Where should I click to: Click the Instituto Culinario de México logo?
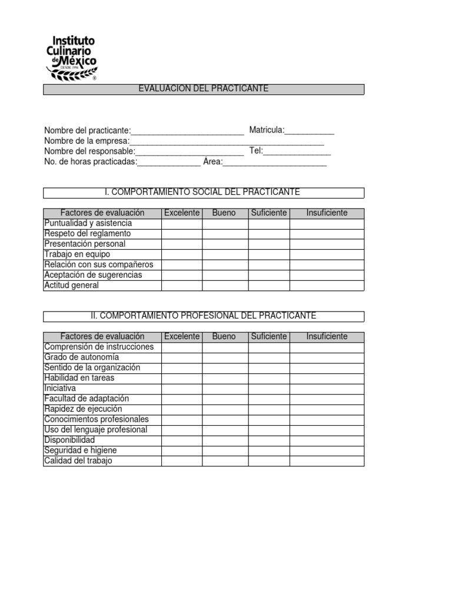point(71,57)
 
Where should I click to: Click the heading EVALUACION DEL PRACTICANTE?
point(204,89)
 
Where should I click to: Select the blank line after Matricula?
point(310,131)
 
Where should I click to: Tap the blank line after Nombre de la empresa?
point(227,141)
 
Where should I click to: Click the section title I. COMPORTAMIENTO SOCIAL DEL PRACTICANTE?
point(204,193)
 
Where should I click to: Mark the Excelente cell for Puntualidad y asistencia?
point(182,224)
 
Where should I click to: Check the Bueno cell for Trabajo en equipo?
point(225,254)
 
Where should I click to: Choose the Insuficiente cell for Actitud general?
point(327,286)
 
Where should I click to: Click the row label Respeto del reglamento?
point(88,234)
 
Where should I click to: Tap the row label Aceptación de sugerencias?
point(93,275)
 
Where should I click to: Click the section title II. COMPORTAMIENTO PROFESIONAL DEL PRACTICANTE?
point(204,316)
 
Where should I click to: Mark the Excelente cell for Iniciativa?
point(182,389)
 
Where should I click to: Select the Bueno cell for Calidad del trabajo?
point(225,461)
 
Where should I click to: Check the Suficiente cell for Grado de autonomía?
point(269,357)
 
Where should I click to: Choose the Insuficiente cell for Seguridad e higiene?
point(327,450)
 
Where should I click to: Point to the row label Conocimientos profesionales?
point(97,419)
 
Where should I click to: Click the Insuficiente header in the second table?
point(327,337)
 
